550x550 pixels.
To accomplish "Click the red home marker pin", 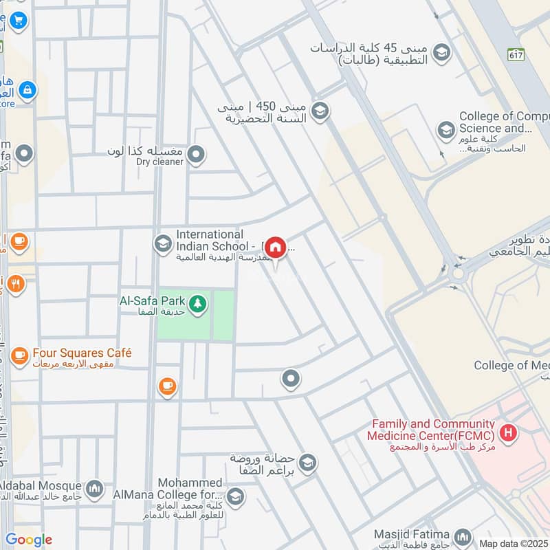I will [x=276, y=247].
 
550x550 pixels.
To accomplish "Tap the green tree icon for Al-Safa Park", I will [x=197, y=303].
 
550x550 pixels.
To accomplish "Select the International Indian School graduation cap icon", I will [x=163, y=244].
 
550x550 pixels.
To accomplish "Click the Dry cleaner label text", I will [x=159, y=162].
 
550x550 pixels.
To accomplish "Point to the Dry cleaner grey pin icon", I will [x=197, y=155].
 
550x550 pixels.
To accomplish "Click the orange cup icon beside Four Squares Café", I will [x=19, y=355].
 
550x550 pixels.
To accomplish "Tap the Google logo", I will [x=29, y=540].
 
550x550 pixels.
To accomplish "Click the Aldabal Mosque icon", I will [x=95, y=489].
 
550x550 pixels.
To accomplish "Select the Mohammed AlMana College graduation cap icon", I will [x=235, y=496].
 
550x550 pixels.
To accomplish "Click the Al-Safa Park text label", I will [x=151, y=300].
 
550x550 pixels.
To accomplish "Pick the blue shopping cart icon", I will [x=17, y=20].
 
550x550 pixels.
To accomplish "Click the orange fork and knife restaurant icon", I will [x=16, y=283].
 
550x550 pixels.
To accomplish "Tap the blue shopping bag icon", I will [x=27, y=89].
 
